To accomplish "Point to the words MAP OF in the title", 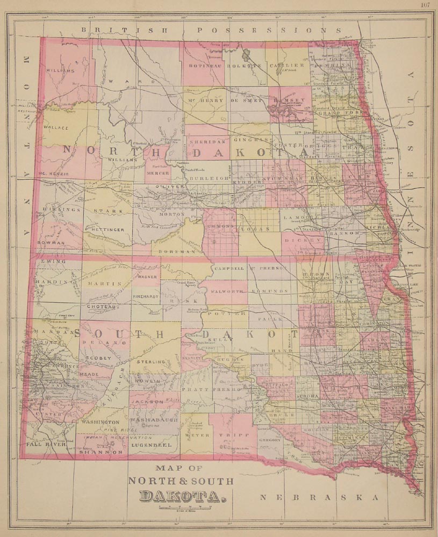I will tap(181, 468).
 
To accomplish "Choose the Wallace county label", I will tap(56, 128).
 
